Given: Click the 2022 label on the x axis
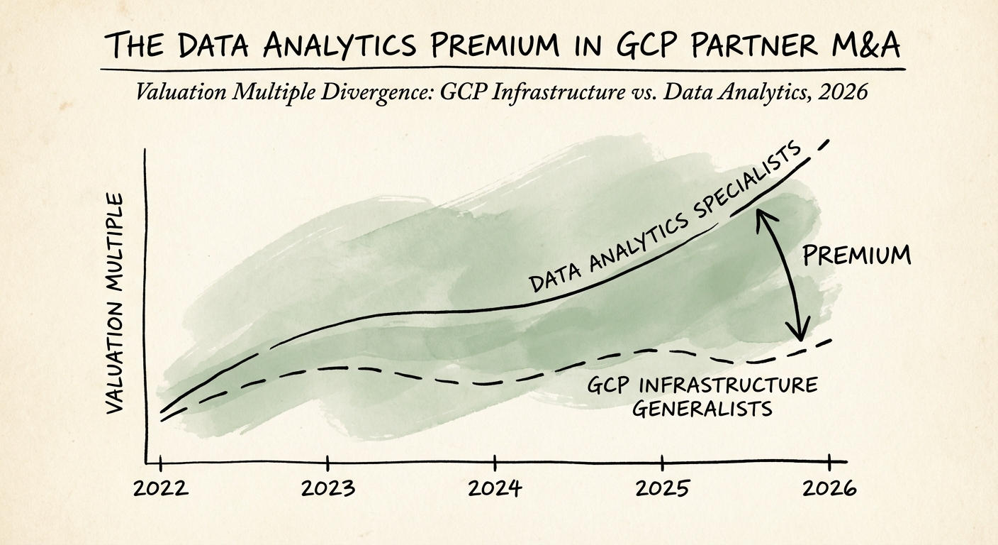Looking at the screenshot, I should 162,489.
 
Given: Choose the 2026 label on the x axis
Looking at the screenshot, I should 828,489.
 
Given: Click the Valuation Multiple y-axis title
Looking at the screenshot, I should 114,303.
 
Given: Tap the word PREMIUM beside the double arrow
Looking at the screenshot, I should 857,255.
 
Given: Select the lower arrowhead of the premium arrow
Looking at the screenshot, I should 801,332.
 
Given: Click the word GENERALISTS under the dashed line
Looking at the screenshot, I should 701,409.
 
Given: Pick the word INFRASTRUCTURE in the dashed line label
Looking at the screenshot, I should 729,386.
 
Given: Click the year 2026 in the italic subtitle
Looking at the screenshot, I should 843,92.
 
